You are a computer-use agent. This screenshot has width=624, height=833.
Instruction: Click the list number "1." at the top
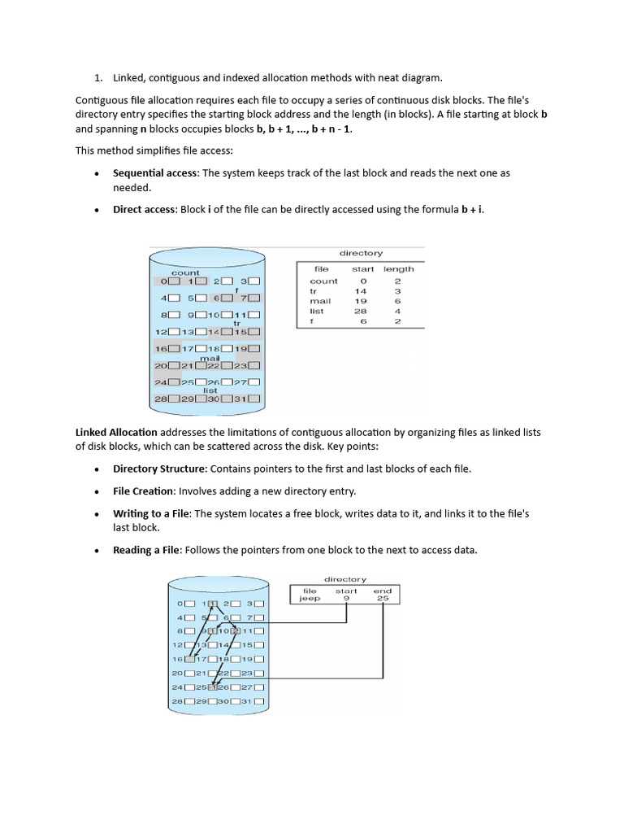[98, 78]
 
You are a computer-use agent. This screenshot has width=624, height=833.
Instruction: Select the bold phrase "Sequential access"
[154, 173]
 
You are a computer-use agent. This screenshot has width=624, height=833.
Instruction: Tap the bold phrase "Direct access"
[144, 209]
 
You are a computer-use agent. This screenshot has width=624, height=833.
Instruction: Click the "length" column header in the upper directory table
[398, 268]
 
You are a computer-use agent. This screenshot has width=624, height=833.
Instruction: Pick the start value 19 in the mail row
[361, 301]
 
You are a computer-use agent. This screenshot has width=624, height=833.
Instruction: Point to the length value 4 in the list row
[397, 311]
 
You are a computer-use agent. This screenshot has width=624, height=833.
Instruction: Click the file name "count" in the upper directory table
[323, 281]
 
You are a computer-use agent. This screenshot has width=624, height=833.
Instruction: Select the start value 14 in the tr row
[361, 291]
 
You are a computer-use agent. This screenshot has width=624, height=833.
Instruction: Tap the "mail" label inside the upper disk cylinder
[210, 357]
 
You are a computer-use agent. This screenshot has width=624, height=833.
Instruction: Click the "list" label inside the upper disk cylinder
[210, 390]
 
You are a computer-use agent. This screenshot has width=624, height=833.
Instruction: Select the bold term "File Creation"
[144, 491]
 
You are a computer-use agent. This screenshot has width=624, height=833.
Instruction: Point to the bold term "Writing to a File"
[151, 514]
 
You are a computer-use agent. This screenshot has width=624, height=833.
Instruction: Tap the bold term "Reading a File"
[146, 550]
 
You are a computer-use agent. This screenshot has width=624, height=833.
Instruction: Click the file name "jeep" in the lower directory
[310, 598]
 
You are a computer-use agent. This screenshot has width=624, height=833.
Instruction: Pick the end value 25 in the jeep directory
[383, 598]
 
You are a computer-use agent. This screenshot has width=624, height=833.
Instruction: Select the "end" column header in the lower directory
[383, 591]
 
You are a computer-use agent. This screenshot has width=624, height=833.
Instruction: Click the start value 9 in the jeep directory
[347, 598]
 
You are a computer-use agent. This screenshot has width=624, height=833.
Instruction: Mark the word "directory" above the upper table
[361, 253]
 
